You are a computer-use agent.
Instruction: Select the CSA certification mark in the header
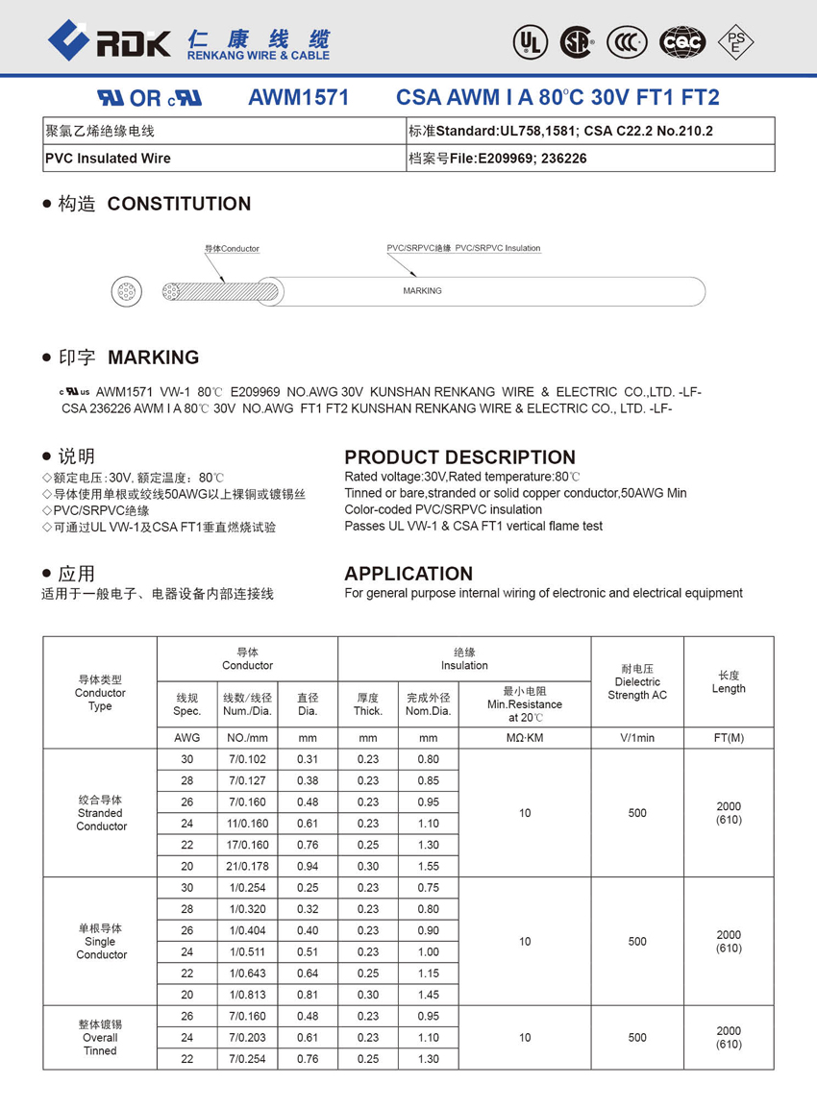pyautogui.click(x=577, y=41)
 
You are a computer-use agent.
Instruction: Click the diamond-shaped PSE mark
pyautogui.click(x=736, y=41)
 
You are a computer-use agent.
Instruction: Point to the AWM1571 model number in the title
pyautogui.click(x=298, y=98)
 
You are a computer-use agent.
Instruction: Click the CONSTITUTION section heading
pyautogui.click(x=179, y=204)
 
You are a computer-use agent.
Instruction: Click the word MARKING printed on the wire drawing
pyautogui.click(x=422, y=291)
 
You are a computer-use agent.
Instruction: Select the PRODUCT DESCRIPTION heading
pyautogui.click(x=459, y=457)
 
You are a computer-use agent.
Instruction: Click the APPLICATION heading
pyautogui.click(x=408, y=574)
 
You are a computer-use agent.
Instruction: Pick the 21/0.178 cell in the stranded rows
pyautogui.click(x=247, y=866)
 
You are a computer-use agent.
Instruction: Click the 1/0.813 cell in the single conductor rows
pyautogui.click(x=247, y=995)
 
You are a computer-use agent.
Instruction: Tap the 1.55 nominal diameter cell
pyautogui.click(x=429, y=866)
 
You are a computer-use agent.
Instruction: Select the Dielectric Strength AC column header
pyautogui.click(x=636, y=681)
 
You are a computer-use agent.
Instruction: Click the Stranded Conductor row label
pyautogui.click(x=100, y=813)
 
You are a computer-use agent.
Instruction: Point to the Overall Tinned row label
pyautogui.click(x=100, y=1038)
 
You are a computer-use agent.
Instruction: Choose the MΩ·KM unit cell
pyautogui.click(x=524, y=738)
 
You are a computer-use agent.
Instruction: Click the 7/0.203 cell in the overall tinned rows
pyautogui.click(x=247, y=1038)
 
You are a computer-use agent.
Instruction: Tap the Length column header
pyautogui.click(x=729, y=681)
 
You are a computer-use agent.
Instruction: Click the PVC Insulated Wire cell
pyautogui.click(x=108, y=159)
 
